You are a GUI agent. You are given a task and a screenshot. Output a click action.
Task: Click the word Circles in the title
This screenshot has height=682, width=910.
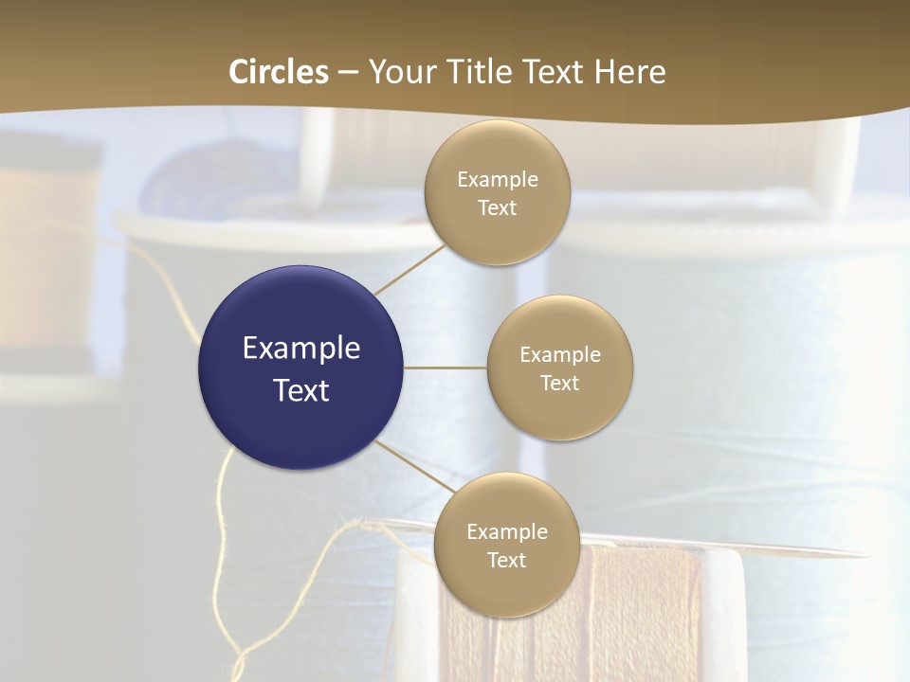tap(279, 72)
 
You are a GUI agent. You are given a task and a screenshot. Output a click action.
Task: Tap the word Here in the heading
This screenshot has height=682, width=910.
tap(629, 72)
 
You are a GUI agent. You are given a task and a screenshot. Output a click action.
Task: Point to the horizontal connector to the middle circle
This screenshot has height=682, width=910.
tap(446, 368)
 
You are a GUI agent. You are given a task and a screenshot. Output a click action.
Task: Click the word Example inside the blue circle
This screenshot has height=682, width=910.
tap(301, 348)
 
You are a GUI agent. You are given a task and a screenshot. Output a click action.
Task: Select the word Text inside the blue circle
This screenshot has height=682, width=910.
tap(301, 390)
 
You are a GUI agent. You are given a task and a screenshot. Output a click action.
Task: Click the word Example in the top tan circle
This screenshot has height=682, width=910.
tap(497, 179)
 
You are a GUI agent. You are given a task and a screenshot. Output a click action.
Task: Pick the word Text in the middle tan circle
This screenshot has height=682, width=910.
tap(559, 383)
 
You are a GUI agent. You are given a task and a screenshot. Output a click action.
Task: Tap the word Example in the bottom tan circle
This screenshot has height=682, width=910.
tap(506, 531)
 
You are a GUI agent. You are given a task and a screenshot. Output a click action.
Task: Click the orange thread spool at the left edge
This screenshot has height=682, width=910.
tap(47, 256)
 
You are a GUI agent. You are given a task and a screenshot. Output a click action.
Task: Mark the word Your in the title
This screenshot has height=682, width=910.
tap(399, 72)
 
